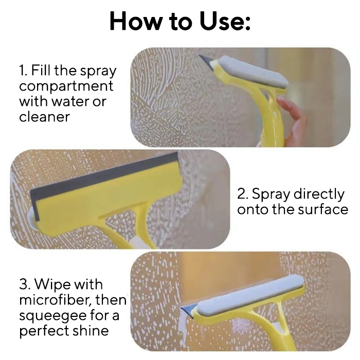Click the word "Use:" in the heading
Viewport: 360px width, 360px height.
tap(225, 21)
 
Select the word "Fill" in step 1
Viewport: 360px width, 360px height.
tap(41, 70)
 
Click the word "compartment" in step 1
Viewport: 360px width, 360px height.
tap(66, 86)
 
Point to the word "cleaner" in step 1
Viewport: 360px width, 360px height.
tap(44, 116)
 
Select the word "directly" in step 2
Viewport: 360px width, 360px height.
tap(319, 194)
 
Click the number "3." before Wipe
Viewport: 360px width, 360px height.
tap(25, 284)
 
